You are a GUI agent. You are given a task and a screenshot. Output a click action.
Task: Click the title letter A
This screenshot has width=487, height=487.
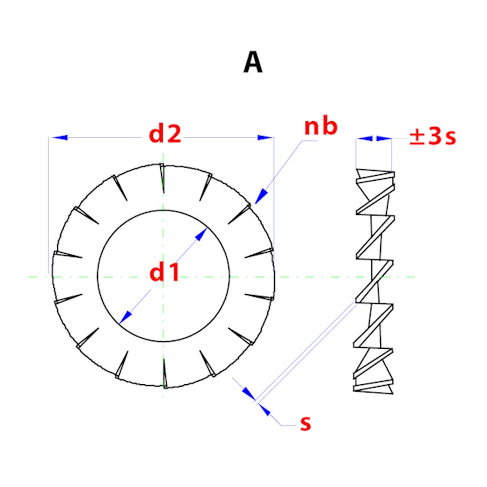[253, 63]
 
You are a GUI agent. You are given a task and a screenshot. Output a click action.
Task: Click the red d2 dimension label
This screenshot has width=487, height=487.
[165, 134]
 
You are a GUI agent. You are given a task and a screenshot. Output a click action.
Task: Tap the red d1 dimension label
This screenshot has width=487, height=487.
[164, 273]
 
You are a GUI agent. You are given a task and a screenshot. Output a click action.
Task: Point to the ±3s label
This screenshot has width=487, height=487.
[432, 137]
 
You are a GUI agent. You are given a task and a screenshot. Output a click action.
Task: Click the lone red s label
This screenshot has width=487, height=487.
[305, 423]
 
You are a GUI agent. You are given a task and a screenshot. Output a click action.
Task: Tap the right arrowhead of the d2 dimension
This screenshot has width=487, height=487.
[265, 138]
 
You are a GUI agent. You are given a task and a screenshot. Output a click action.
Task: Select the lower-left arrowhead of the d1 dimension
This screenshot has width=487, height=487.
[125, 317]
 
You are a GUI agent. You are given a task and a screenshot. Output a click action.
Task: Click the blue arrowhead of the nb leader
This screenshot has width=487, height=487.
[261, 196]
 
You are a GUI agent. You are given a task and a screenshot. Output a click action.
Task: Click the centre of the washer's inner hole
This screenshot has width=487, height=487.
[163, 277]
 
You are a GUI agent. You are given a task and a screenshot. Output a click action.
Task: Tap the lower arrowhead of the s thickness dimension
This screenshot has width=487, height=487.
[264, 410]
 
